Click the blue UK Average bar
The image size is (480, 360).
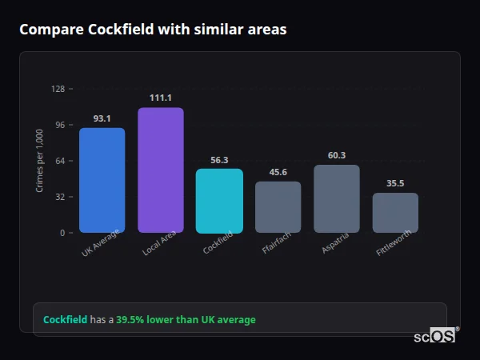tap(102, 180)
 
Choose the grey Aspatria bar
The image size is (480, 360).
tap(337, 198)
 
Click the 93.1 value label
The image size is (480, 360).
tap(102, 118)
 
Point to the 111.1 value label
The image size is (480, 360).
tap(160, 98)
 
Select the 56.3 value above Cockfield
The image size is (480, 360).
tap(219, 160)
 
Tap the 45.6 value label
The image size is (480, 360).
tap(278, 172)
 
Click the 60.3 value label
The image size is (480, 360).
tap(337, 155)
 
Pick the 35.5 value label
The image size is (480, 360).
tap(395, 183)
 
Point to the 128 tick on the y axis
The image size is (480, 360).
tap(58, 89)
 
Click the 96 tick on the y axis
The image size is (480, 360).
tap(59, 125)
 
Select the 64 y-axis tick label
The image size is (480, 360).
tap(59, 161)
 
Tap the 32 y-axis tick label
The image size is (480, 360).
tap(59, 197)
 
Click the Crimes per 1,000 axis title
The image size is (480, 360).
tap(40, 160)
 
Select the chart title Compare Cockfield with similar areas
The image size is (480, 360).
tap(153, 30)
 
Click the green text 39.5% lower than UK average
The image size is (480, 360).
tap(186, 320)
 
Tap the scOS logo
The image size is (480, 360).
tap(435, 336)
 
